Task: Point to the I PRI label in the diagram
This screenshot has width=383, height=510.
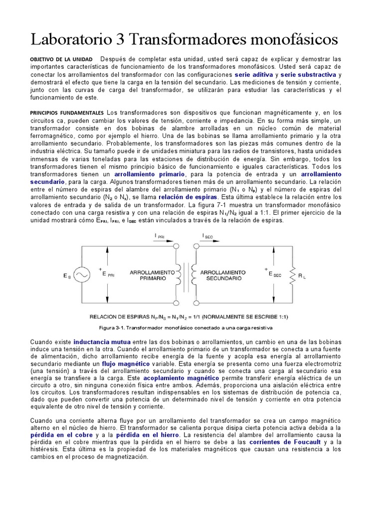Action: click(162, 237)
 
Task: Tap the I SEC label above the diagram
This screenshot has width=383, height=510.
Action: click(209, 237)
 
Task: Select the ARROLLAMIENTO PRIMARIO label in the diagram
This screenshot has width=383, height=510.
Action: click(153, 275)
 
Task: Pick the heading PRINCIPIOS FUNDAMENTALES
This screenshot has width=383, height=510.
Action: click(67, 113)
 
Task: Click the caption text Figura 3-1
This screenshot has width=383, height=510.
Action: click(113, 328)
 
